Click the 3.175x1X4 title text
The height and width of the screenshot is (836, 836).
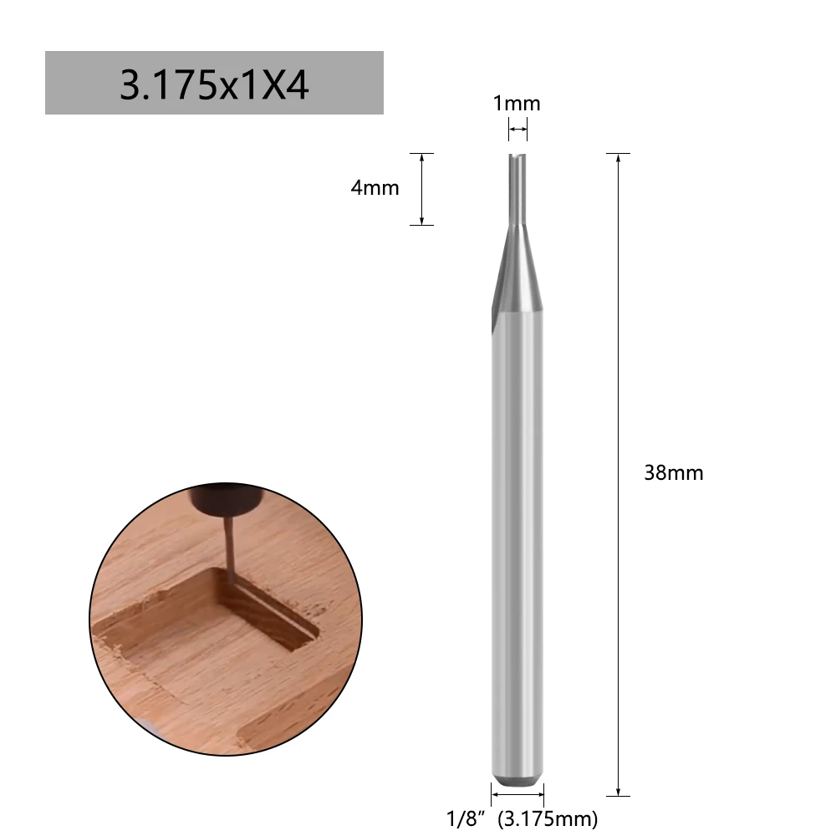click(214, 84)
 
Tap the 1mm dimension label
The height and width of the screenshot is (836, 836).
click(517, 104)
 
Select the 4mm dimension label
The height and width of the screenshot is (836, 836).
click(375, 188)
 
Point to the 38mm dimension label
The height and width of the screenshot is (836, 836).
click(674, 473)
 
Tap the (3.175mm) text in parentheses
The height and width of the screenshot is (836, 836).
click(548, 818)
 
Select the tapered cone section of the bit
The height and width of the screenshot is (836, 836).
click(516, 268)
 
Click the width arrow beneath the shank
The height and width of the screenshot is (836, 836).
click(517, 794)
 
